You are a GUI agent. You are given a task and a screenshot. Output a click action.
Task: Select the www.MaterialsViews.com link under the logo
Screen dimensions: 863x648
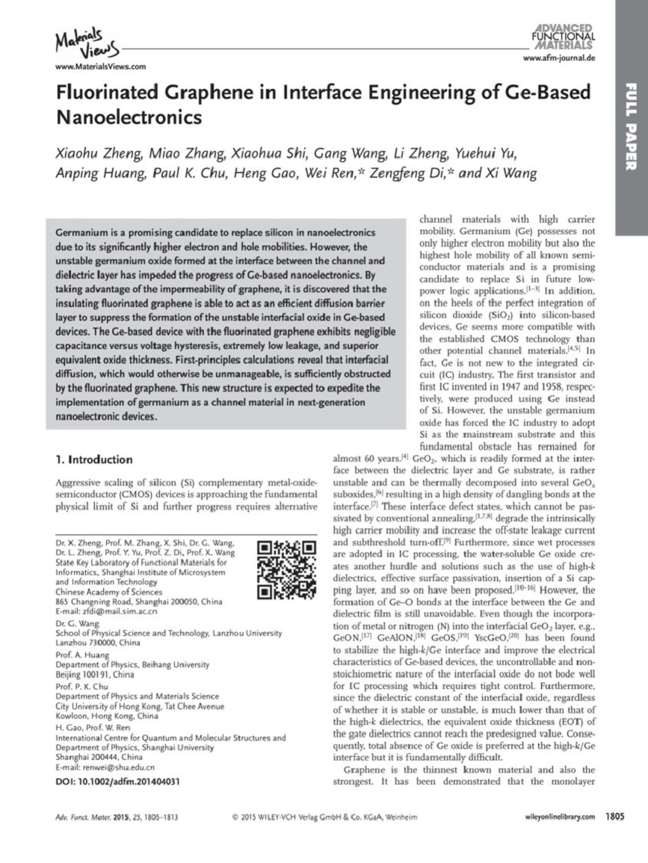100,66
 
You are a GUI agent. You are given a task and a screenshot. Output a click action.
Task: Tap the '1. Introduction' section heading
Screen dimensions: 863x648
95,459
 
